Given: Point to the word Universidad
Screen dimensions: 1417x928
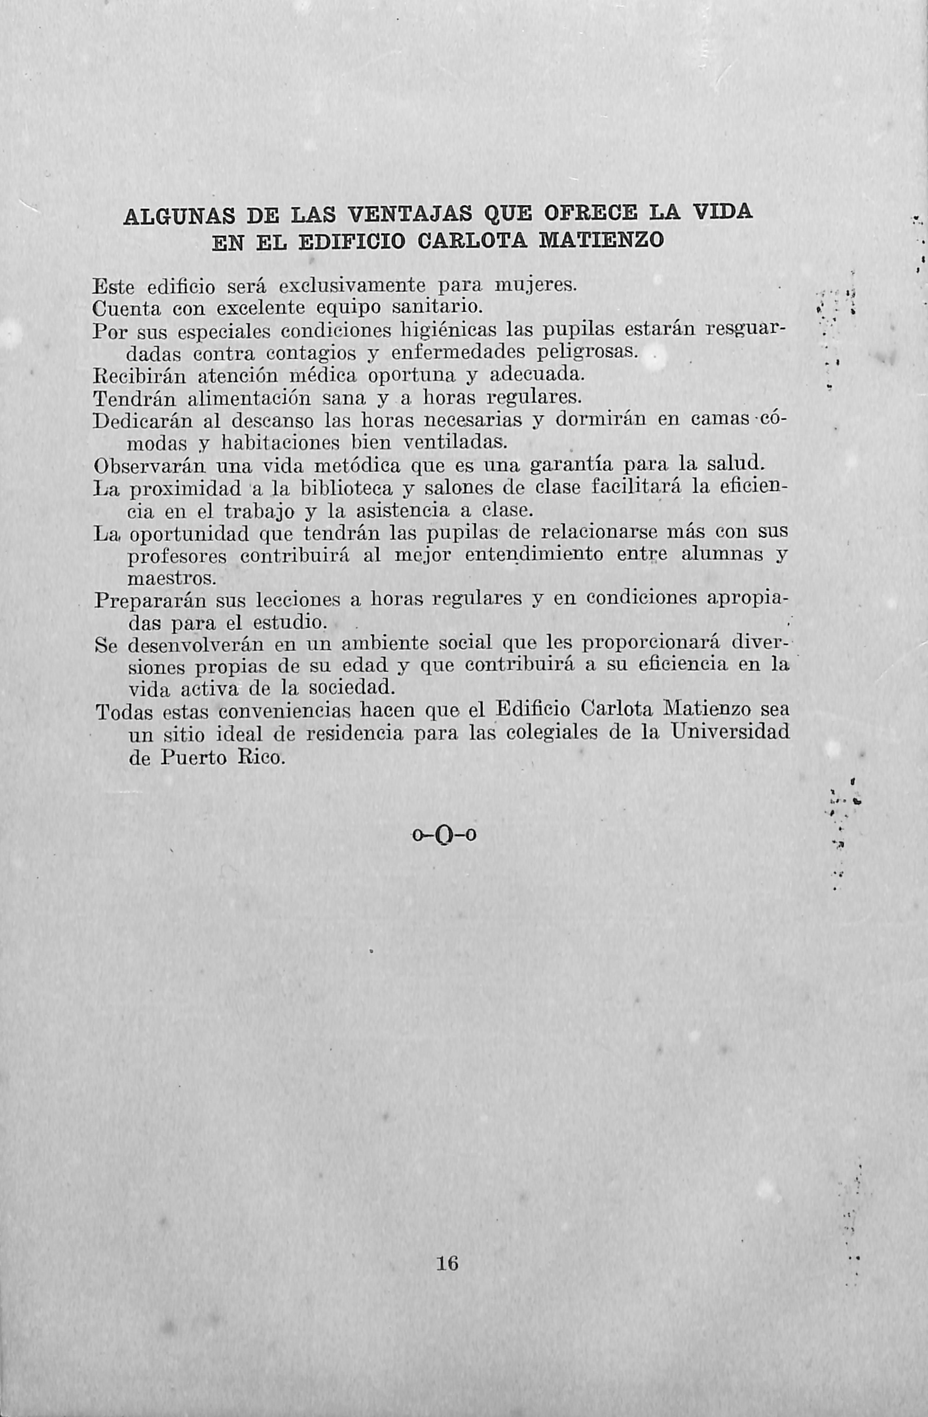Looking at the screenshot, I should click(x=730, y=732).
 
